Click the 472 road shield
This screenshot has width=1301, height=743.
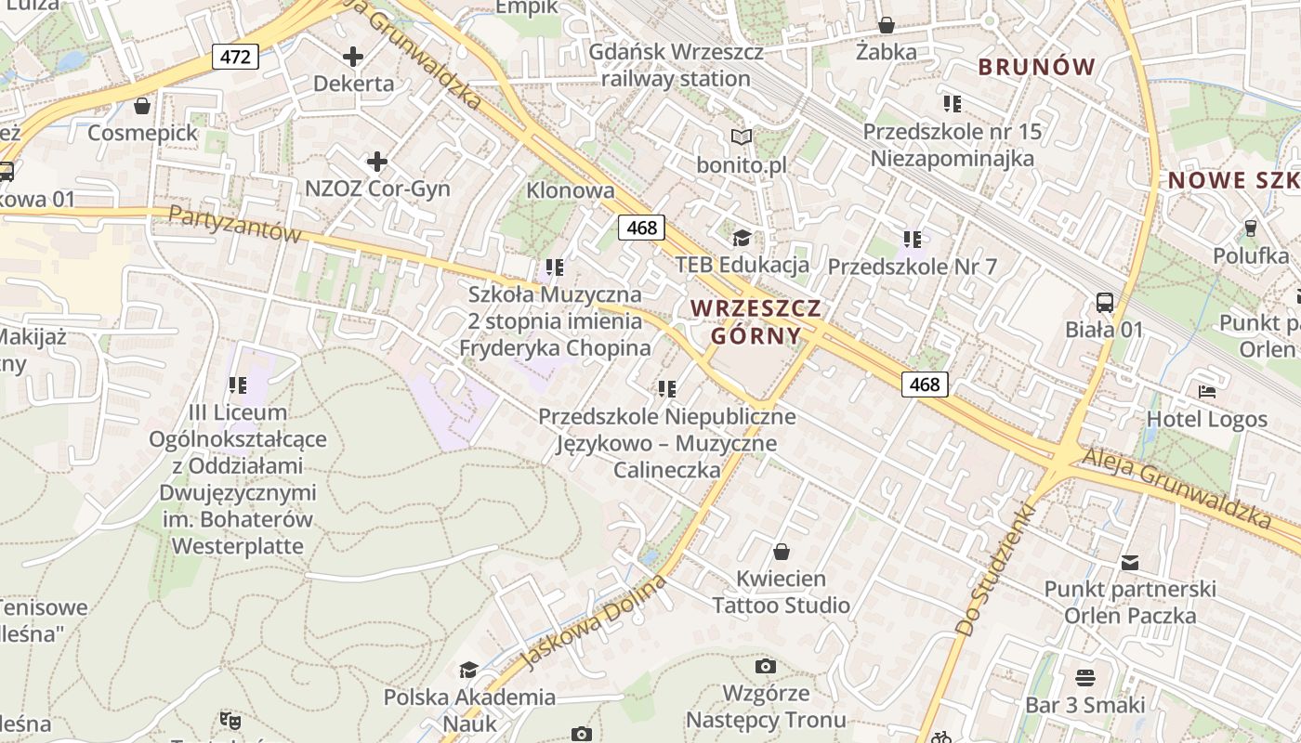point(235,57)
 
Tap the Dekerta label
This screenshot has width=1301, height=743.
point(353,84)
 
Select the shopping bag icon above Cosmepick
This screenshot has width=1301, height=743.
point(142,106)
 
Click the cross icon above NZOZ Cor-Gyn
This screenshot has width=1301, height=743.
point(376,163)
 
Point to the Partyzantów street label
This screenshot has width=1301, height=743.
point(235,225)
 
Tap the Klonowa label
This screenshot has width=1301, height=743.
point(571,190)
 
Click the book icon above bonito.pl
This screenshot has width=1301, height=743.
point(741,137)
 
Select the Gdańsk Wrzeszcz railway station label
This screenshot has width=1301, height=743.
point(676,65)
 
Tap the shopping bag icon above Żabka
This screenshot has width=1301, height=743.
point(887,25)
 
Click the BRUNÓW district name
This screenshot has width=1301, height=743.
point(1037,67)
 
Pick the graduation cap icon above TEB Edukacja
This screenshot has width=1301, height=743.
point(741,239)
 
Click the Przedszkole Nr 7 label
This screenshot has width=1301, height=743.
point(912,267)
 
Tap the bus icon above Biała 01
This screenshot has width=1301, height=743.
point(1105,302)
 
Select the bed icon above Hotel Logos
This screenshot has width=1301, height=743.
point(1206,392)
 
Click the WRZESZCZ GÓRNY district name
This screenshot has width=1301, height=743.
point(756,321)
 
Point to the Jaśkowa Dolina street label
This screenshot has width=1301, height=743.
point(595,621)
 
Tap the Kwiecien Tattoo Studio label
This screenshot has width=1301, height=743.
point(781,592)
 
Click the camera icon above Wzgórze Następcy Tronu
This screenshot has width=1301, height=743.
point(766,666)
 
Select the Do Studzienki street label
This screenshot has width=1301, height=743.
point(995,569)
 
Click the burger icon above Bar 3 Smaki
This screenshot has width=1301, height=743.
point(1084,678)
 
